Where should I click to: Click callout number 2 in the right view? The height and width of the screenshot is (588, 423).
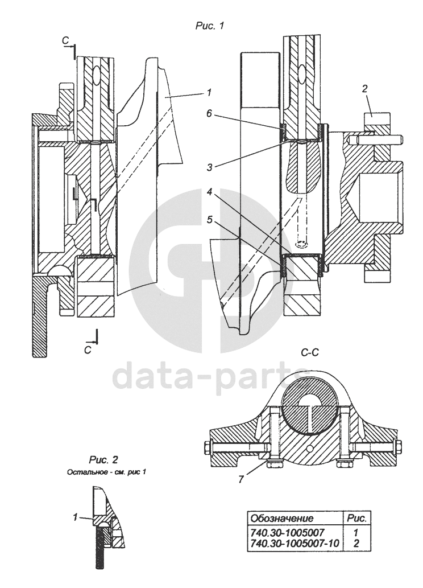tap(365, 88)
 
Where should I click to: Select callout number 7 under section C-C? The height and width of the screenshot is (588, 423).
tap(241, 480)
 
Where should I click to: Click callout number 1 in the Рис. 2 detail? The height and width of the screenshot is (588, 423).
tap(74, 517)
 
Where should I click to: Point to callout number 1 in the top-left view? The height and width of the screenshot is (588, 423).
tap(209, 91)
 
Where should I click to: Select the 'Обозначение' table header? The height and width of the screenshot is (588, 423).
tap(282, 519)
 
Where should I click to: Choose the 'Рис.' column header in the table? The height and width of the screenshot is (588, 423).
tap(356, 519)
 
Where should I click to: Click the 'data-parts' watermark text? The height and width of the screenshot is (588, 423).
tap(212, 377)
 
